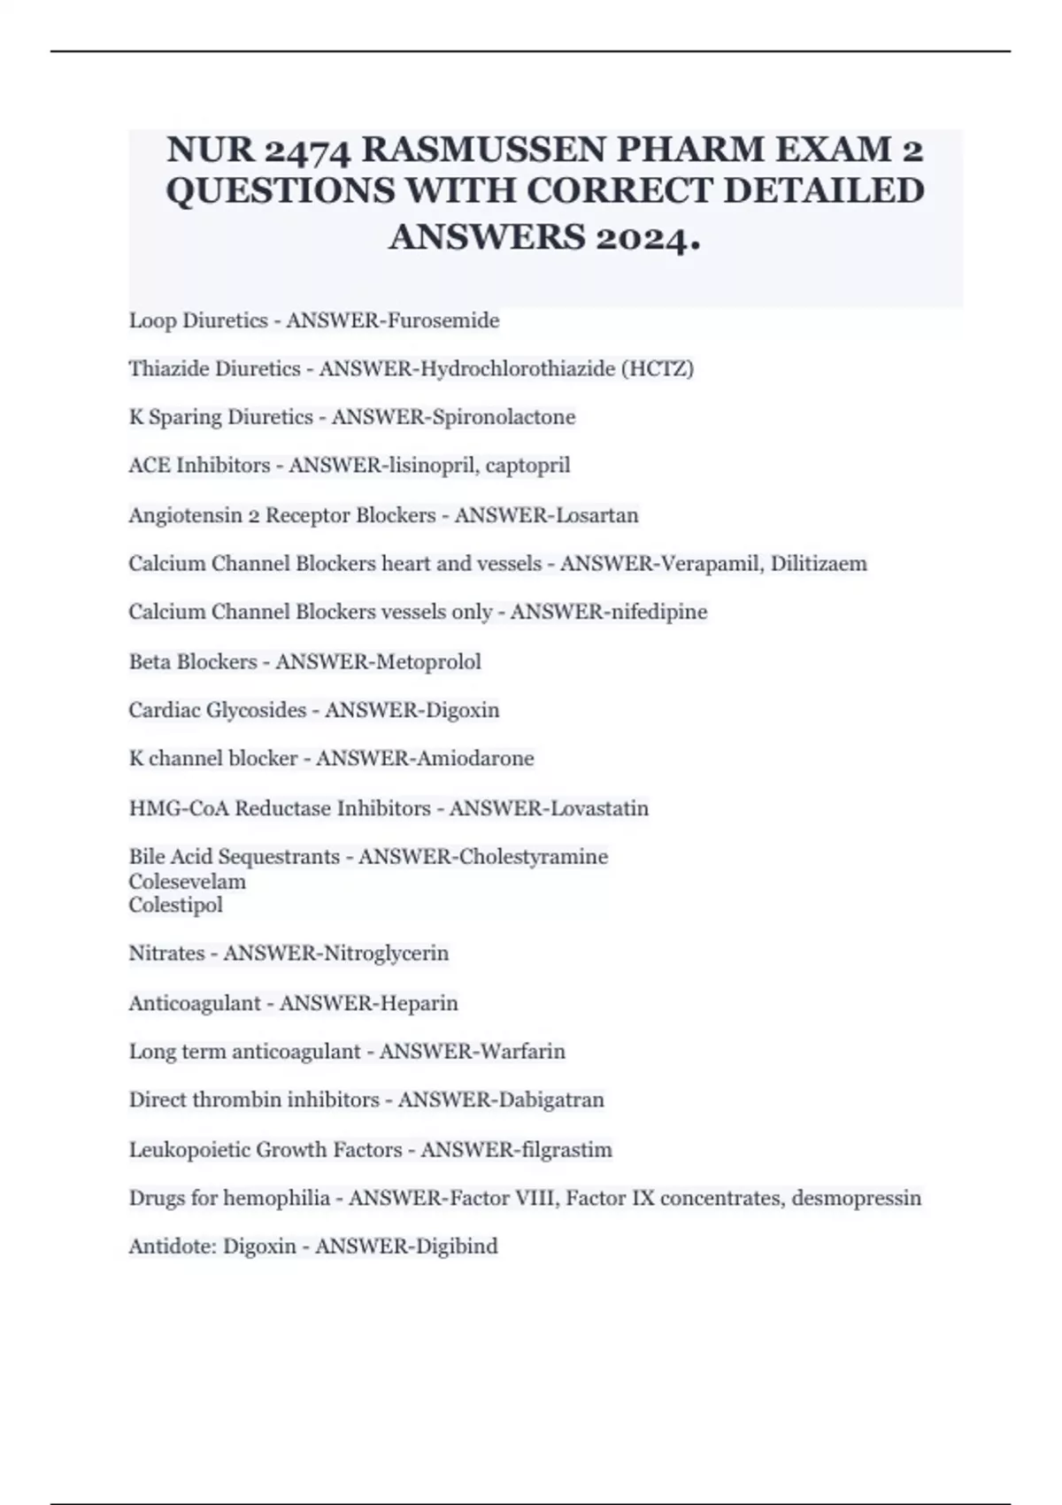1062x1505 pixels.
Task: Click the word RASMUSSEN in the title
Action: point(483,149)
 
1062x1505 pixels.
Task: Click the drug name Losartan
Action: point(596,515)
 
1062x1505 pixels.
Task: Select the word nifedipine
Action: point(658,612)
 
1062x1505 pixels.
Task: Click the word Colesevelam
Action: point(188,882)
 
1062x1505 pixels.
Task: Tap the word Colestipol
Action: point(175,905)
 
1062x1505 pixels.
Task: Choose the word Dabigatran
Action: point(551,1100)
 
